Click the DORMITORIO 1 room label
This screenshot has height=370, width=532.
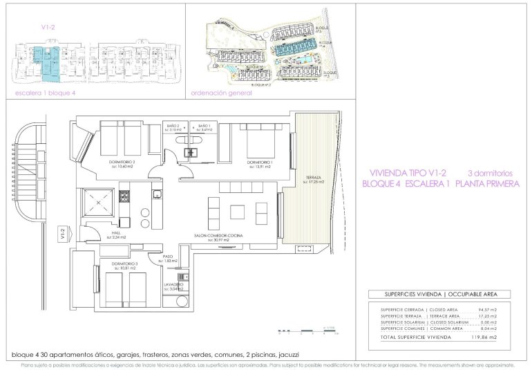pos(261,162)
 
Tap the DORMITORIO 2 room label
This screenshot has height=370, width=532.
pos(121,163)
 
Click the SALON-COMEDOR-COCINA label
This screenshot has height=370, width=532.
pos(218,235)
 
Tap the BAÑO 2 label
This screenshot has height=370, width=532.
pos(173,126)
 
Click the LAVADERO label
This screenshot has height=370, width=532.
pos(173,284)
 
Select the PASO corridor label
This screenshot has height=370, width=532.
pos(168,257)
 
